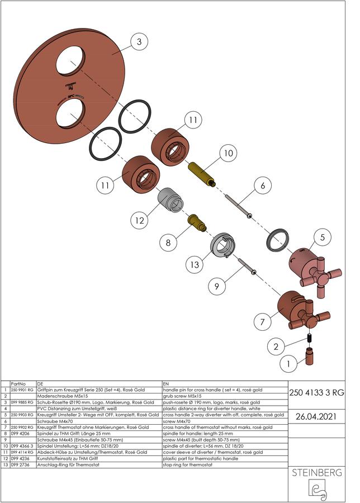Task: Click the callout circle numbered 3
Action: (x=139, y=42)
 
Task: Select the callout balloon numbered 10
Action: (x=228, y=153)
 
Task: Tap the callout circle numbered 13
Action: (x=195, y=265)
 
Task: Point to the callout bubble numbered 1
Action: (x=288, y=364)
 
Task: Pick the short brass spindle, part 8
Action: (x=196, y=222)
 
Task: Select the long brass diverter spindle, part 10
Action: (x=201, y=174)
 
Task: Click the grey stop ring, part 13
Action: (x=222, y=245)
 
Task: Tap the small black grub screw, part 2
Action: (x=310, y=338)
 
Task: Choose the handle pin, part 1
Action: (x=310, y=357)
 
